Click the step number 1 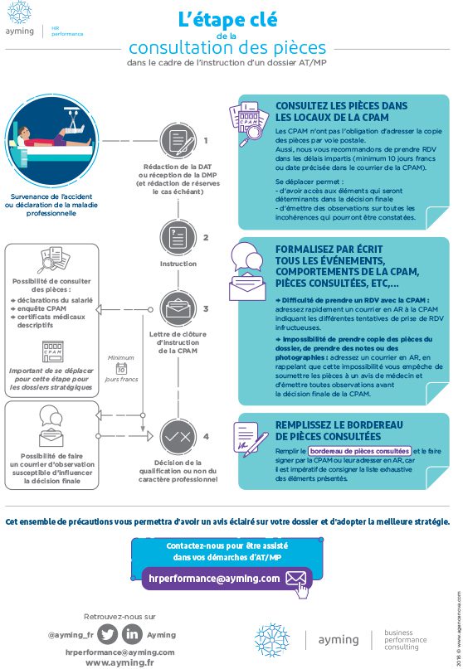click(206, 140)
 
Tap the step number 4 click(206, 434)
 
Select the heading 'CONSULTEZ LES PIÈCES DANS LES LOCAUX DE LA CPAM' click(330, 112)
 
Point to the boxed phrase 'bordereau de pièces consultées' click(359, 451)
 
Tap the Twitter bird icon click(106, 634)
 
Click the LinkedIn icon click(132, 634)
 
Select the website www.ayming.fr click(119, 662)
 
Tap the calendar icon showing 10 click(121, 367)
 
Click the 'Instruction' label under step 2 click(178, 264)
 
